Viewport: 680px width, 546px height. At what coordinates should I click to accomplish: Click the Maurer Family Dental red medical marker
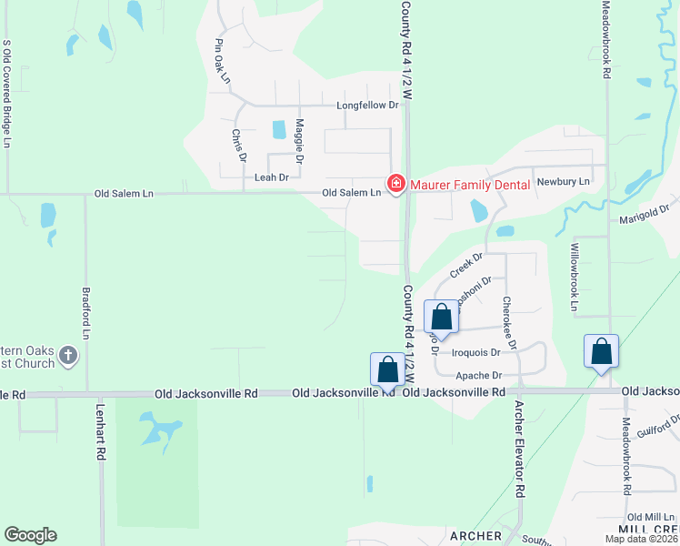pyautogui.click(x=395, y=185)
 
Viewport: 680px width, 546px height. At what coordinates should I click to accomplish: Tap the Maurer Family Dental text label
pyautogui.click(x=469, y=185)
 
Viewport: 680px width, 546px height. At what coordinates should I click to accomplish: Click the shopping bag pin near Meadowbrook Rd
pyautogui.click(x=601, y=352)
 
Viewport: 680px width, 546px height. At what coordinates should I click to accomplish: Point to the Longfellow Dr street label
pyautogui.click(x=368, y=106)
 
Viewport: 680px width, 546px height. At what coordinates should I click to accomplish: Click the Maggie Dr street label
pyautogui.click(x=299, y=141)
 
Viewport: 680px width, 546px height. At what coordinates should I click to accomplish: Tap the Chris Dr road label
pyautogui.click(x=239, y=146)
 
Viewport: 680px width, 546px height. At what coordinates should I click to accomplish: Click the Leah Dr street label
pyautogui.click(x=271, y=177)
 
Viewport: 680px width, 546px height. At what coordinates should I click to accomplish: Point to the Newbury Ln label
pyautogui.click(x=564, y=182)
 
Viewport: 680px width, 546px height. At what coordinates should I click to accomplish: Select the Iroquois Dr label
pyautogui.click(x=470, y=352)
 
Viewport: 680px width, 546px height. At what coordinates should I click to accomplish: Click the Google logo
pyautogui.click(x=30, y=535)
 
